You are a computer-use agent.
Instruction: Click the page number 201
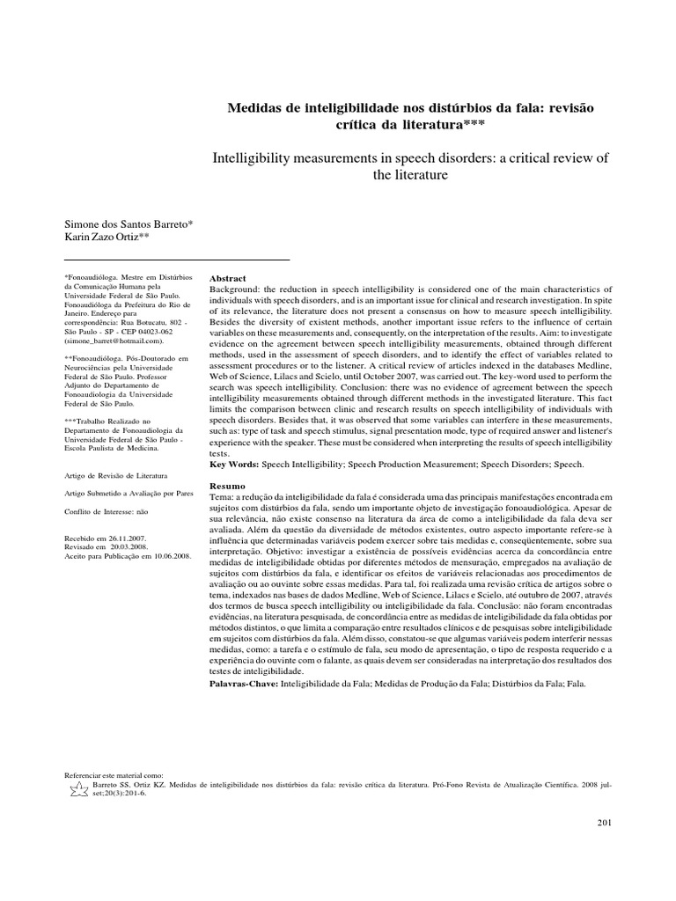click(x=602, y=822)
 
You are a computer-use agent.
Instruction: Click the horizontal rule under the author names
click(x=178, y=260)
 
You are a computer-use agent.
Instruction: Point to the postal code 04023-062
click(x=180, y=330)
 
